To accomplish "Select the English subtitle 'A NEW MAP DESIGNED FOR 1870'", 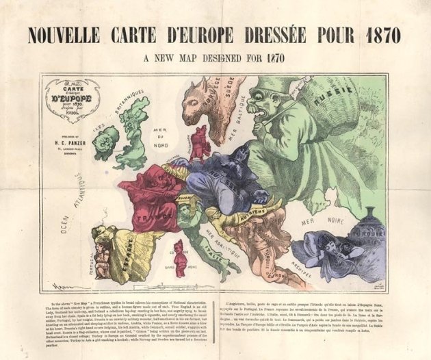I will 215,58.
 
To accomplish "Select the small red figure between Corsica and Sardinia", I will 179,258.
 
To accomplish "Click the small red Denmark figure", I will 200,141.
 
